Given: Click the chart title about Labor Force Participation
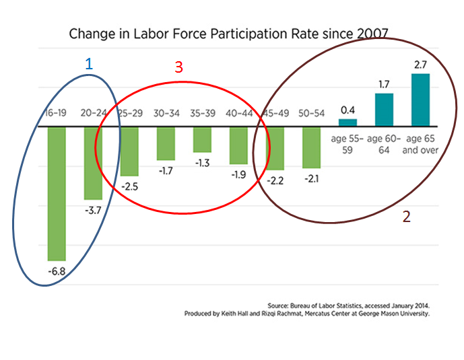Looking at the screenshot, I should coord(229,34).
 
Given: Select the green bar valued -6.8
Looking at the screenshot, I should coord(57,193).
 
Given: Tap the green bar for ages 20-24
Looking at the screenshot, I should coord(93,163).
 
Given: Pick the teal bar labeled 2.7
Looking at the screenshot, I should coord(420,100).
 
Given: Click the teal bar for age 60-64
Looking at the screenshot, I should coord(384,110).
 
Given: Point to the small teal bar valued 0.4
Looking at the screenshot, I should coord(347,122).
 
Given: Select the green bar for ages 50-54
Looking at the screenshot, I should coord(311,147).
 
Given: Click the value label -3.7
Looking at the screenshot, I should coord(93,210).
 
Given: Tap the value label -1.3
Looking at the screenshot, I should coord(202,164).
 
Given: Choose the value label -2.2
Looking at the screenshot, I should coord(275,180).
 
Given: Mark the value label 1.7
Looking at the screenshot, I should coord(384,85).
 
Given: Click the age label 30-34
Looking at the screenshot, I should coord(166,113).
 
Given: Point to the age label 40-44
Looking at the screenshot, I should coord(238,113).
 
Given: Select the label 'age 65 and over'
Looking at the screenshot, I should coord(420,145).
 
